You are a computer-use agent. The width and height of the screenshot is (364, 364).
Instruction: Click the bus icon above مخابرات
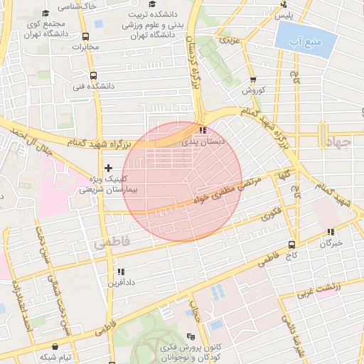85,36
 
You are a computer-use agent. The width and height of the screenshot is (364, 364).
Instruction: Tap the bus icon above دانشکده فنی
92,75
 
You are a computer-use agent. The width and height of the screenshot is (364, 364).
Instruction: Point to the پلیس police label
284,15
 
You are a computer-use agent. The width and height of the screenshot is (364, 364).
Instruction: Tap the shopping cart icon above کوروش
253,80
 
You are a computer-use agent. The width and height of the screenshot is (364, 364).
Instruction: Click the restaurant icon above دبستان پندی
204,131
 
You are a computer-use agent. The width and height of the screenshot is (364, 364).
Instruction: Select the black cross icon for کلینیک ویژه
108,168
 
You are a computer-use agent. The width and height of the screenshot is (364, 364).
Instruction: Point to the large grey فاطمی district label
112,242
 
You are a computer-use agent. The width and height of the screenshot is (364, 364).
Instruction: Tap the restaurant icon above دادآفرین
119,272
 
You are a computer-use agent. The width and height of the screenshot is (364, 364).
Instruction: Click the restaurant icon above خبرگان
331,232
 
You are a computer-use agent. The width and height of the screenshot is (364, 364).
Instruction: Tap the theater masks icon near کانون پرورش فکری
189,336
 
